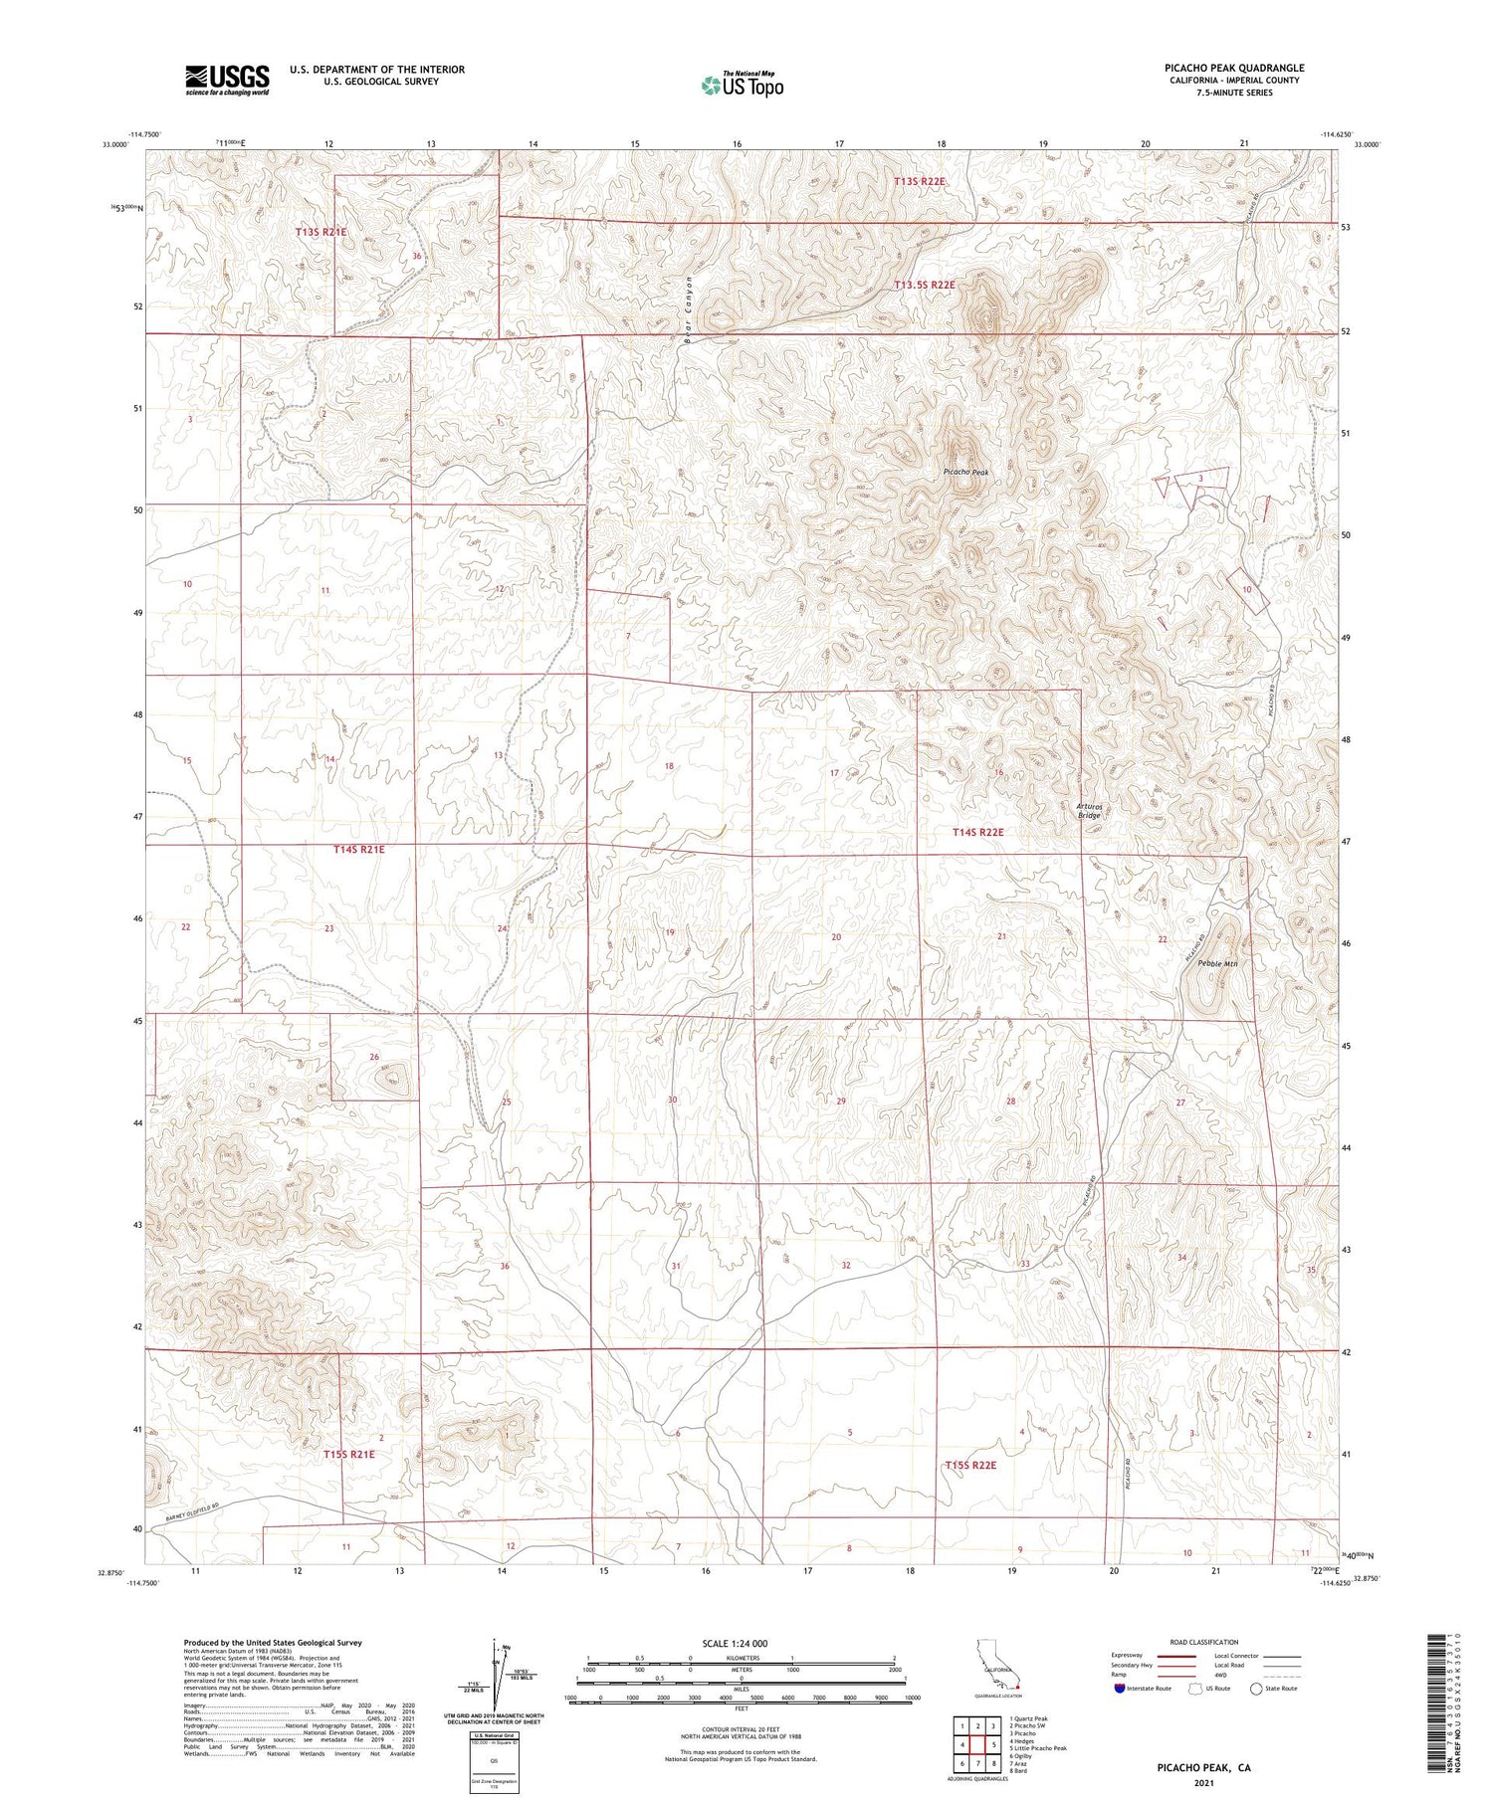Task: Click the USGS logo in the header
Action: [227, 80]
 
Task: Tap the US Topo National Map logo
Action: [742, 85]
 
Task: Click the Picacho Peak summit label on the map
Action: [965, 472]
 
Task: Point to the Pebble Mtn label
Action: [1217, 963]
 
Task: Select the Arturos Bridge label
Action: [1089, 810]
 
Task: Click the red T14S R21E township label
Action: [357, 850]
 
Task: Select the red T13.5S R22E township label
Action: [924, 286]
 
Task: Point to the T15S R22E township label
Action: [969, 1466]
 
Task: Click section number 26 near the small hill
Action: [374, 1057]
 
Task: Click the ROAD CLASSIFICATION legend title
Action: [1203, 1642]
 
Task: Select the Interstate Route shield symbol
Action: [1120, 1688]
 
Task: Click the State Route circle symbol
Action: [1257, 1688]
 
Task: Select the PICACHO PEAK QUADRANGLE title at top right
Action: [1234, 68]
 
